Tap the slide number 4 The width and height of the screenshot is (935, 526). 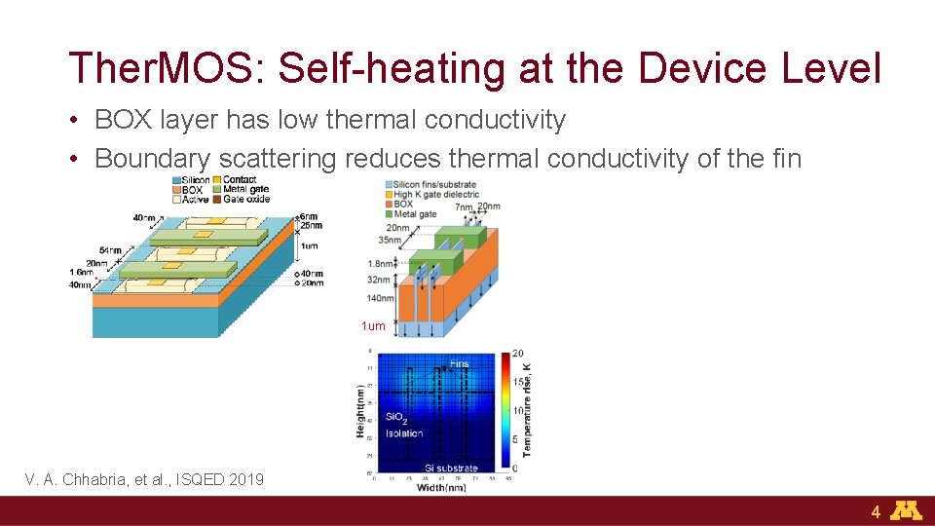tap(876, 511)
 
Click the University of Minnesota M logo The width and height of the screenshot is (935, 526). tap(908, 510)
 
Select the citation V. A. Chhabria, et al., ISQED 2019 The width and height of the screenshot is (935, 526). tap(144, 478)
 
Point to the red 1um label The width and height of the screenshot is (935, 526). tap(373, 326)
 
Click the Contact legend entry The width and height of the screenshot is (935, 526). tap(240, 180)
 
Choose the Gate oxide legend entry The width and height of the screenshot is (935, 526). tap(245, 199)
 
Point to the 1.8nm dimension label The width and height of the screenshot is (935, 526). tap(382, 263)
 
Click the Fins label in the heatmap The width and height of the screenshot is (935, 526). tap(459, 364)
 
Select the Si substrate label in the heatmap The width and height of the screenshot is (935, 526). tap(452, 469)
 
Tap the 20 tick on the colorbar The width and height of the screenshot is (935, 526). tap(519, 354)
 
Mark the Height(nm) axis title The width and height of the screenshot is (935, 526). tap(360, 409)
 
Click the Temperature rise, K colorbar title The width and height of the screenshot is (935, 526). tap(527, 410)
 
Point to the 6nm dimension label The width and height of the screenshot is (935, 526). tap(308, 216)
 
